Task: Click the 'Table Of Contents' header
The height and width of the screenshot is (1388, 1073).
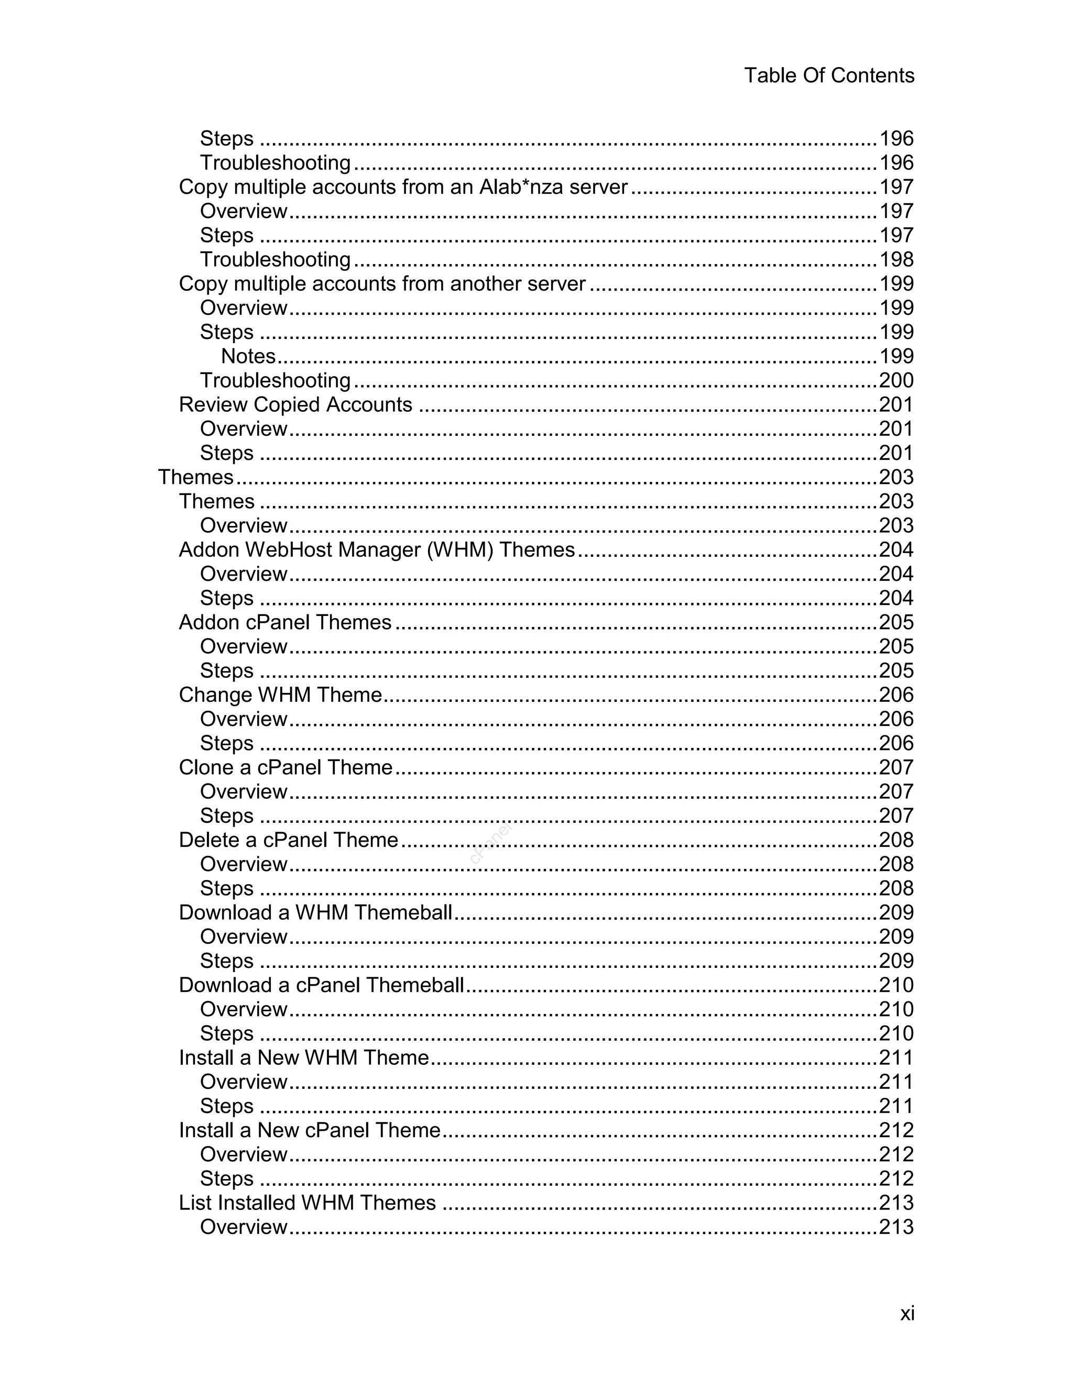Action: coord(828,75)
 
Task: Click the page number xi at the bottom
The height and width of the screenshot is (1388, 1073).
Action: coord(906,1313)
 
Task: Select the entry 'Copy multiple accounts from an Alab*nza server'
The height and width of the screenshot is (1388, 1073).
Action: coord(403,187)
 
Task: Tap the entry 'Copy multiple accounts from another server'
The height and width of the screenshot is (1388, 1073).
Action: coord(381,283)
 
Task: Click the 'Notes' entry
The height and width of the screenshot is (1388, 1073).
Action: coord(248,356)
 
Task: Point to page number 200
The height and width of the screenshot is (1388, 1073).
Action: coord(895,380)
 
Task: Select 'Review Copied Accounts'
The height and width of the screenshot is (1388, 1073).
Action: coord(295,404)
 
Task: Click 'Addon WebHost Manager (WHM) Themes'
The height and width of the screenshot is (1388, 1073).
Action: coord(376,549)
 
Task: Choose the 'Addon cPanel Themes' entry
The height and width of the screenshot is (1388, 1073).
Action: coord(285,622)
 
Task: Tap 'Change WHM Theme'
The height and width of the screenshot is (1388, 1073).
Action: coord(280,695)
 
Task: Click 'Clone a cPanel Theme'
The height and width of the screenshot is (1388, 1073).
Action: coord(286,767)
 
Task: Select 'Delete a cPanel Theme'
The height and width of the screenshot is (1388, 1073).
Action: coord(288,840)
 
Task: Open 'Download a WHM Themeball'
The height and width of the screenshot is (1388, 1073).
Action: coord(315,912)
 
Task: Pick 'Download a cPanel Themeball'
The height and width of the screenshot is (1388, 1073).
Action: coord(321,985)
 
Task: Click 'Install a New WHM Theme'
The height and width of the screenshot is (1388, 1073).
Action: coord(304,1057)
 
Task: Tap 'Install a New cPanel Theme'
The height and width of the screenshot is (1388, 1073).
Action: coord(310,1129)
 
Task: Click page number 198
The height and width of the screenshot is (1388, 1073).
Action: coord(895,259)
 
